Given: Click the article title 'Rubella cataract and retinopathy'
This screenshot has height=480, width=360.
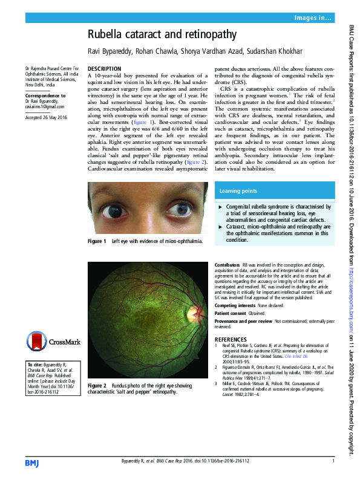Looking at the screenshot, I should pos(162,35).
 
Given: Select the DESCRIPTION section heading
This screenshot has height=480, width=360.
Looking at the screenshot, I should pos(105,69).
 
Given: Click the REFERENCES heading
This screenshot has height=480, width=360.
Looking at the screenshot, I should pos(231,339).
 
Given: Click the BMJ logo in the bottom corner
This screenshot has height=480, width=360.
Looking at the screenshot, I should pos(31,462).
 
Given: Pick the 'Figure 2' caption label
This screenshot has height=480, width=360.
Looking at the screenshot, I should pos(97,385).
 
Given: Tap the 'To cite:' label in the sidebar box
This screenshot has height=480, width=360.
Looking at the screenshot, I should pos(34,365).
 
